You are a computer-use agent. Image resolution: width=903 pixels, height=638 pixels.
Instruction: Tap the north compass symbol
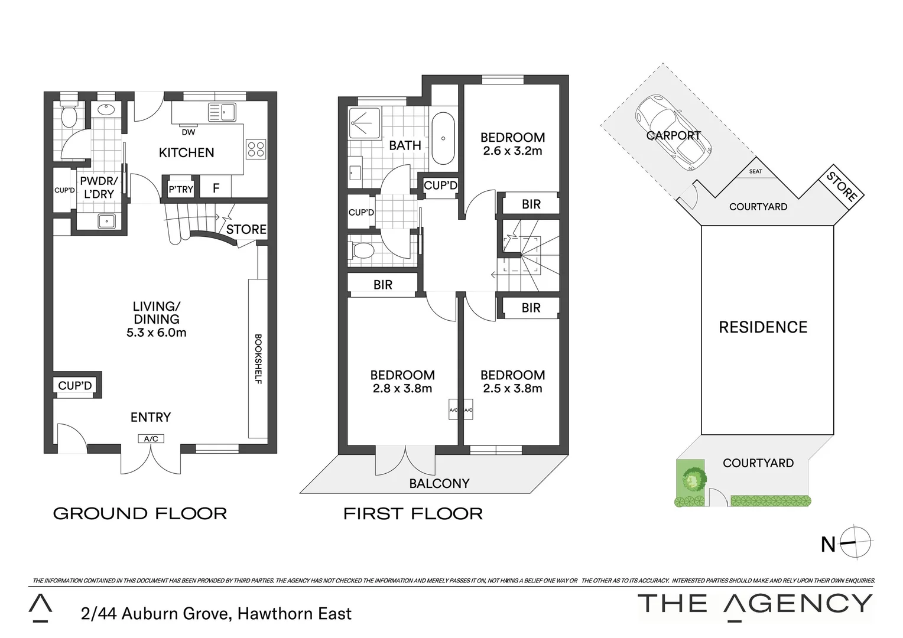tap(857, 542)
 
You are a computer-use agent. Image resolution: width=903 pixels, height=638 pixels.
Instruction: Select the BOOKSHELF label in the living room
tap(258, 359)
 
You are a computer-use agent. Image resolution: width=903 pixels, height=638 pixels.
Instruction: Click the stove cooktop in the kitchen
tap(256, 148)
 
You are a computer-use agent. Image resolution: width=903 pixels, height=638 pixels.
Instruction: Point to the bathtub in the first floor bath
tap(443, 139)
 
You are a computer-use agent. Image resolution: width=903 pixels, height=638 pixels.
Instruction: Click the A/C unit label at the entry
tap(151, 438)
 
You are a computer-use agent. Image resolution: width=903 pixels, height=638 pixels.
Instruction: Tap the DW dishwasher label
tap(189, 132)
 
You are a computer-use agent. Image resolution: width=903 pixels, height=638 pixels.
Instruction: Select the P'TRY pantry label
tap(181, 189)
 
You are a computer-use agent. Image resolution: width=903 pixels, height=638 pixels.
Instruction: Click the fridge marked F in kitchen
tap(216, 188)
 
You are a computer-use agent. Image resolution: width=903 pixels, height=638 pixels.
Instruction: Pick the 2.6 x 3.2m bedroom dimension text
tap(512, 151)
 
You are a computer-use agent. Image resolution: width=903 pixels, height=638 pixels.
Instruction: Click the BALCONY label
tap(439, 483)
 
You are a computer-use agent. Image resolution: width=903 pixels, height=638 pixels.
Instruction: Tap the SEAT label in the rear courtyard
tap(755, 171)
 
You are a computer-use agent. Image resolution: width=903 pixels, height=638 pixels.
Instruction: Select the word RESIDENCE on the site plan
tap(763, 327)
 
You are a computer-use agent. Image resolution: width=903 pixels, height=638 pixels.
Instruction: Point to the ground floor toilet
tap(69, 116)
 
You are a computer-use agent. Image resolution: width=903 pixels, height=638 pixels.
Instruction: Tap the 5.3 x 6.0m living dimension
tap(156, 333)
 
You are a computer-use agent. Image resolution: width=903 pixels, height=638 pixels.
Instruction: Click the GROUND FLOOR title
tap(140, 513)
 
